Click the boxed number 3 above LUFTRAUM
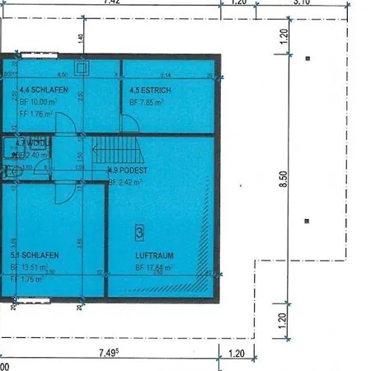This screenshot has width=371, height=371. (x=139, y=232)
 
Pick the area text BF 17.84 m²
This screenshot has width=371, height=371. (x=154, y=268)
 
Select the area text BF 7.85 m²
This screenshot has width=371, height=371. (x=147, y=103)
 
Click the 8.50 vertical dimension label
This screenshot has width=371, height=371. (x=283, y=180)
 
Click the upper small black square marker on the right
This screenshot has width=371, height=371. (x=307, y=59)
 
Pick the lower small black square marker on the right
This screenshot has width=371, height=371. (x=307, y=221)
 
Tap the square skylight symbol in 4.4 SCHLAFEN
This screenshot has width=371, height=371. (x=81, y=68)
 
